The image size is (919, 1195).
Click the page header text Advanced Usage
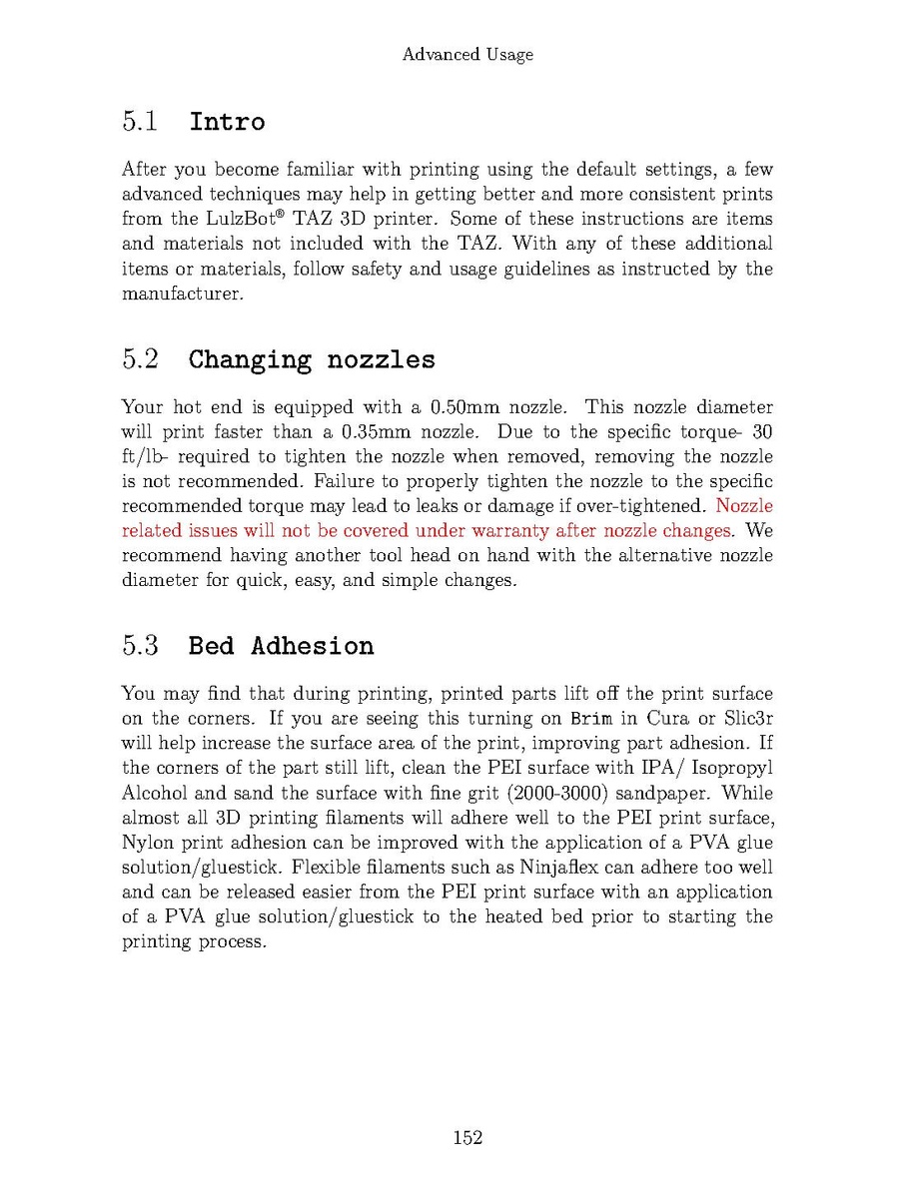coord(467,55)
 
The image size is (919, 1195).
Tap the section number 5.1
coord(141,122)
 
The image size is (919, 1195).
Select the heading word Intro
coord(227,122)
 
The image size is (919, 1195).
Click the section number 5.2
coord(141,358)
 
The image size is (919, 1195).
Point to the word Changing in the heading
coord(250,359)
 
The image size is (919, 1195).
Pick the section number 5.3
coord(141,645)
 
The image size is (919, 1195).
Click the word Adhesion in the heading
coord(312,646)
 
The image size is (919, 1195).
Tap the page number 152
coord(467,1137)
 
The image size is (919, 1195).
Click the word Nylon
coord(147,843)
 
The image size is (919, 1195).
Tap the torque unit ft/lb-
coord(142,457)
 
